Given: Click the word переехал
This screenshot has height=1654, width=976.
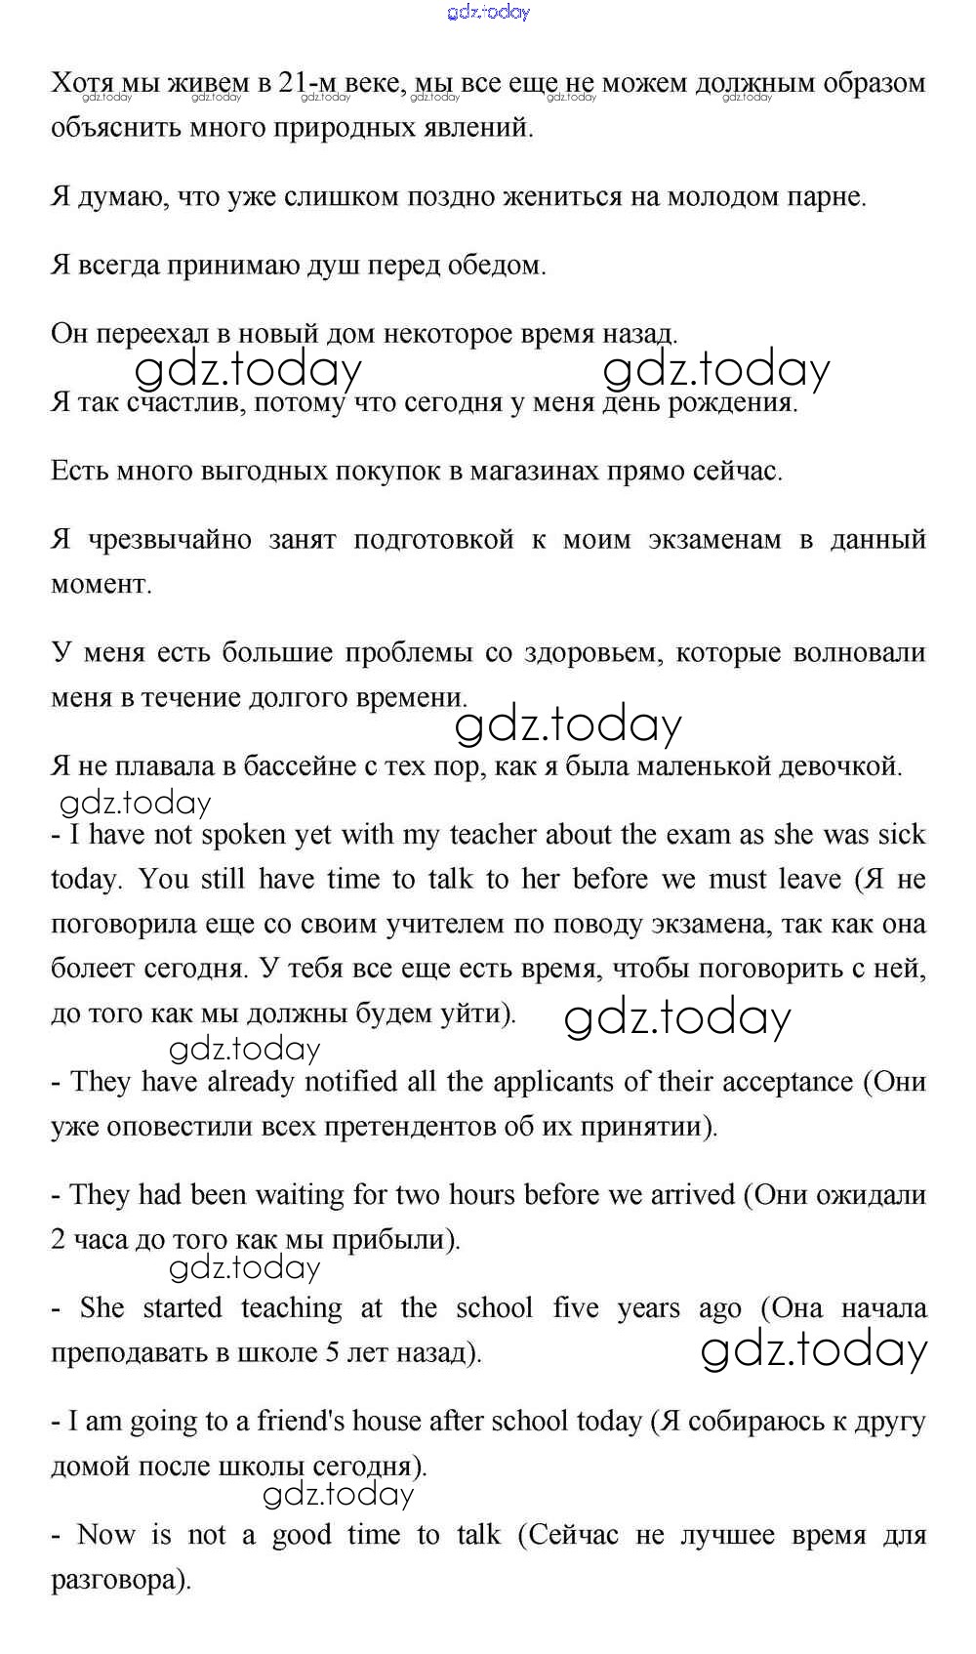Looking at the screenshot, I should [x=149, y=334].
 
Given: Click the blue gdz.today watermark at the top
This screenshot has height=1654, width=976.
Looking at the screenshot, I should [x=488, y=12].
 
